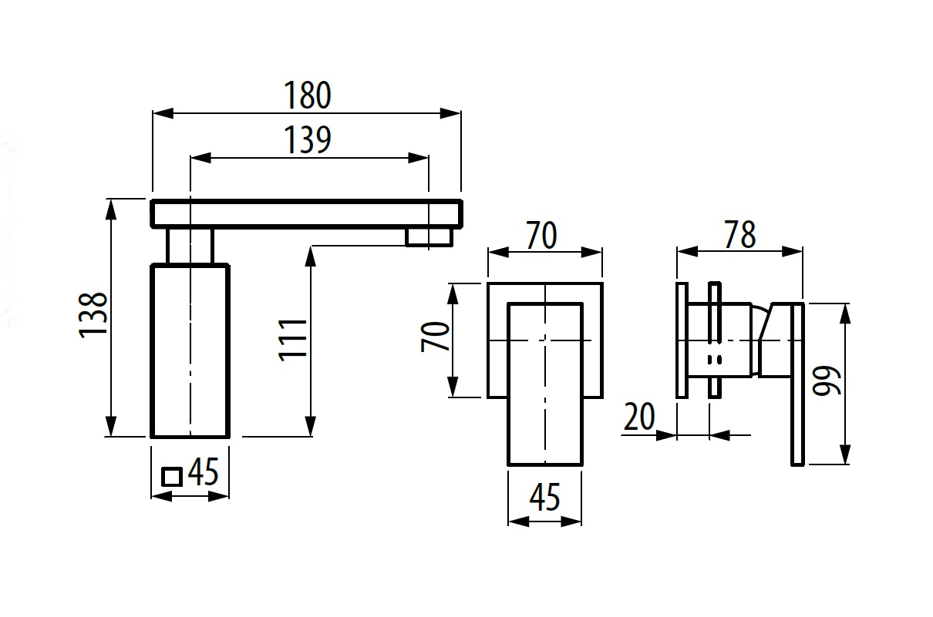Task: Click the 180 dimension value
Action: coord(308,96)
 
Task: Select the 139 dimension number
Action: coord(308,139)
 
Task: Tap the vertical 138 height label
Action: coord(93,315)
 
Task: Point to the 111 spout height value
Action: coord(293,340)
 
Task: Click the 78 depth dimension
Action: coord(739,235)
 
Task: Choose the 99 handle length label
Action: coord(827,381)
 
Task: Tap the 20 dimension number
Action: coord(639,416)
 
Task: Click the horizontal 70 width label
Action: coord(541,236)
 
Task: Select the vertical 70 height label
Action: coord(435,336)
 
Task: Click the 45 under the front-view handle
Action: coord(545,497)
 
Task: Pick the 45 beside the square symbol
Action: coord(204,471)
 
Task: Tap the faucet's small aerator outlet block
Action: coord(429,237)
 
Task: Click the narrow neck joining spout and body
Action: coord(190,246)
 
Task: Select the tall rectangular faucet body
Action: coord(190,350)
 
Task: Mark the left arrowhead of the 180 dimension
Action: coord(163,113)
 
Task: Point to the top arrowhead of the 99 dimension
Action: coord(844,314)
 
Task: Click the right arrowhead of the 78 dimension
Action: coord(793,251)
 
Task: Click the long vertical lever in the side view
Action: coord(797,384)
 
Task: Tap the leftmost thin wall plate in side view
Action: coord(682,340)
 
